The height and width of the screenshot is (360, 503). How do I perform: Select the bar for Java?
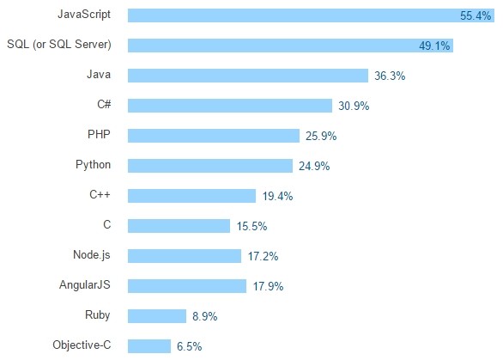(x=247, y=76)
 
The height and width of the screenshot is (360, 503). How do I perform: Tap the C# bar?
(x=229, y=106)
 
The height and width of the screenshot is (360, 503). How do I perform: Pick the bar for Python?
(x=209, y=166)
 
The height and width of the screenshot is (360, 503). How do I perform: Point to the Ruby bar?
(x=156, y=315)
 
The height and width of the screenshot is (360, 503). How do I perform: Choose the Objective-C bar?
(x=148, y=345)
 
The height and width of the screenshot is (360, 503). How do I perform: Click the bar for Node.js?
(x=184, y=256)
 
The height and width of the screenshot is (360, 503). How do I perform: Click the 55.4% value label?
(x=476, y=15)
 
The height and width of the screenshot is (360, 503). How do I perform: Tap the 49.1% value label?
(x=435, y=46)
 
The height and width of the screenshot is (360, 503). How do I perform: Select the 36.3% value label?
(x=390, y=76)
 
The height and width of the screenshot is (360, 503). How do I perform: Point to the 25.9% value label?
(x=321, y=136)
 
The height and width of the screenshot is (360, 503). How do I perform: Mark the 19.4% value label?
(x=278, y=196)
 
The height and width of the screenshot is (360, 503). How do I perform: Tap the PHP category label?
(x=99, y=135)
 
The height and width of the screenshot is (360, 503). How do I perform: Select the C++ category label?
(x=100, y=195)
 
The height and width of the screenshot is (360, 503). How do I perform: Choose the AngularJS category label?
(x=85, y=284)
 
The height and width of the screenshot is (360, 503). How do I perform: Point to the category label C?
(x=106, y=225)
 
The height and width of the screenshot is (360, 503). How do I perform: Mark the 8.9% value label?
(x=205, y=316)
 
